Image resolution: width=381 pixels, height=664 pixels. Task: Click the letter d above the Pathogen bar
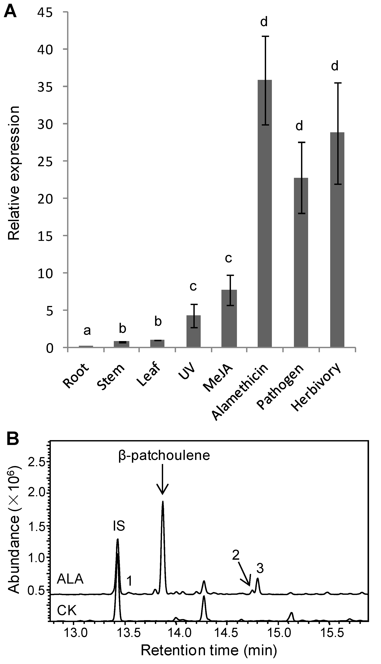pyautogui.click(x=299, y=126)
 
